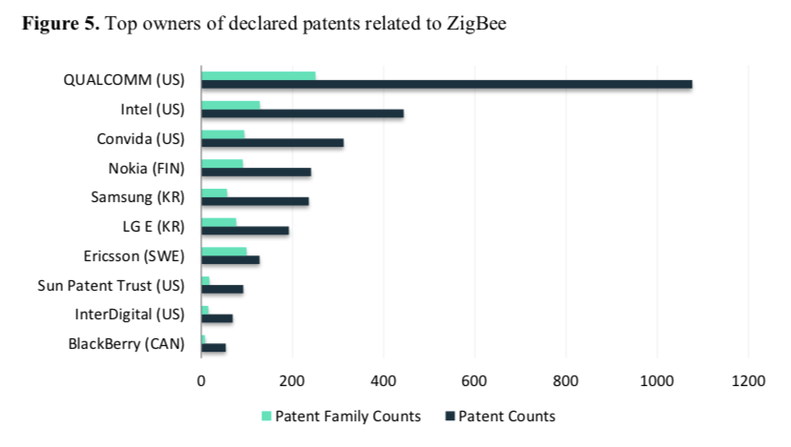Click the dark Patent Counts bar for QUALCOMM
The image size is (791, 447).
point(447,85)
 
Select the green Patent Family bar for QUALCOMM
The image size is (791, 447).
point(259,75)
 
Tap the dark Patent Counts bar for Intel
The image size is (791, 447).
point(302,113)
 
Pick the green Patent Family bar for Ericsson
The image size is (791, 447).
point(224,251)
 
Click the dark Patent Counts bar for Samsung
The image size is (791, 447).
point(255,201)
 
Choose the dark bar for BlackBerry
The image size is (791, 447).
point(214,348)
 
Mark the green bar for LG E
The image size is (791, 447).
point(219,222)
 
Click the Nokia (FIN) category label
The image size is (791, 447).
point(146,169)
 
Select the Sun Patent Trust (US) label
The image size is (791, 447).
point(111,285)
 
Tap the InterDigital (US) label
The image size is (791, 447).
point(130,314)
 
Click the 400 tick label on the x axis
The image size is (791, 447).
point(384,380)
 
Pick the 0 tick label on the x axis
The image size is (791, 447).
point(201,380)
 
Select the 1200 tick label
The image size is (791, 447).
point(748,380)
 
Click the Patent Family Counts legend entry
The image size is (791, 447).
point(342,416)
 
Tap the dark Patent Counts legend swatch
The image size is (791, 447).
point(449,417)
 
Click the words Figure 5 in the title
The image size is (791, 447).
point(60,25)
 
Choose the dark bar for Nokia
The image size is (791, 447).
point(257,172)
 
